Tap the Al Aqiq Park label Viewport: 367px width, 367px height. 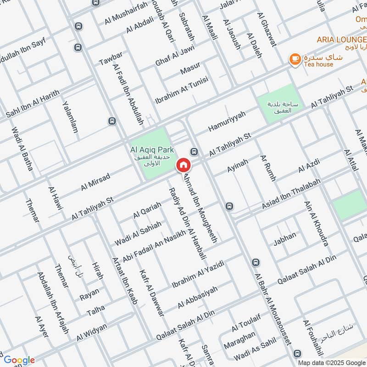point(150,150)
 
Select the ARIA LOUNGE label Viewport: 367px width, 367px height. point(342,40)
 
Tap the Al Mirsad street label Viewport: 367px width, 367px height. point(95,182)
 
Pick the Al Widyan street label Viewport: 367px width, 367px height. point(92,332)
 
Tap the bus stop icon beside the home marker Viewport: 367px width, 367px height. point(194,151)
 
